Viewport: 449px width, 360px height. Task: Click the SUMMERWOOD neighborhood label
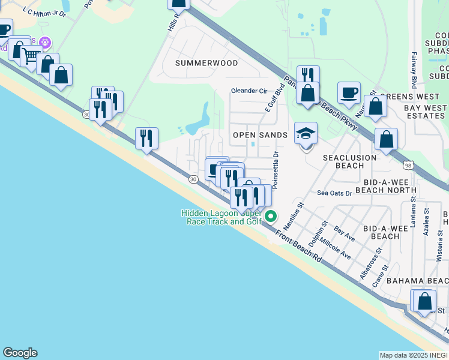[x=206, y=63]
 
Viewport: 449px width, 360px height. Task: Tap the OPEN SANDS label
[x=260, y=135]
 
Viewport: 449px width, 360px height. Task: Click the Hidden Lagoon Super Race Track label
[x=221, y=217]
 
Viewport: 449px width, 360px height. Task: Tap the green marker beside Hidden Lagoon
[x=271, y=217]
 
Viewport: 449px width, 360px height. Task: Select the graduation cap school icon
[x=306, y=134]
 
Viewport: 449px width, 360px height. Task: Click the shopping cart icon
[x=30, y=56]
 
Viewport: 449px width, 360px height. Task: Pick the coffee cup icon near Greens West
[x=349, y=92]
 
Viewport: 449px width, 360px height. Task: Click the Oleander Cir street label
[x=249, y=91]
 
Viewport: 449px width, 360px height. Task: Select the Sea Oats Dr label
[x=334, y=193]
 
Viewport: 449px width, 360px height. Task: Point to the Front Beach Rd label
[x=299, y=245]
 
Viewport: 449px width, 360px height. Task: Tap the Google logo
[x=20, y=353]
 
